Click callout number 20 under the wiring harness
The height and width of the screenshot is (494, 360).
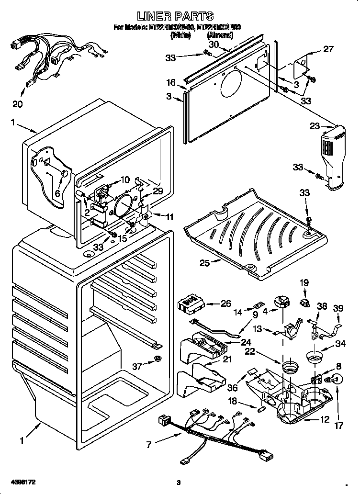[17, 104]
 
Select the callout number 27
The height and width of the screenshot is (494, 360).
[328, 49]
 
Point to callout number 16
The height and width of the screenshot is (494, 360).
[171, 82]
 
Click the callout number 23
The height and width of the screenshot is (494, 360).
[315, 127]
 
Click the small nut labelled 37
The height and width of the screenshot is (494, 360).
[157, 359]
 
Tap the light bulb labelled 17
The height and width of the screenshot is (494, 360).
[337, 380]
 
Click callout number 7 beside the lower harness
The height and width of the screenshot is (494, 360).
[149, 445]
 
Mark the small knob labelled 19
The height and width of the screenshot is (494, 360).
[305, 302]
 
